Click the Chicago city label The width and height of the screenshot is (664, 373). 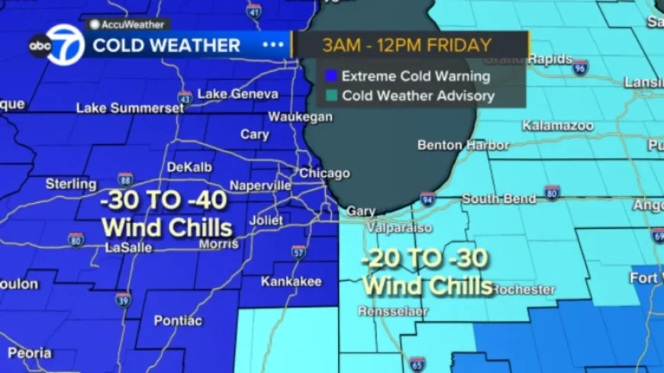coord(324,173)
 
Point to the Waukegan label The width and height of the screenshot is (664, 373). coord(300,117)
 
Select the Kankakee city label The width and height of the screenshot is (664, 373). coord(291,281)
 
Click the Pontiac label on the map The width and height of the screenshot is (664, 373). coord(178,320)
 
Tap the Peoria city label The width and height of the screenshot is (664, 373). coord(30,352)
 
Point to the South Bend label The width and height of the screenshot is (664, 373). coord(498,199)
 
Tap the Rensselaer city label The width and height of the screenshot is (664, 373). coord(394,311)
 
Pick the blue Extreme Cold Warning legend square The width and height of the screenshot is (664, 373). coord(330,76)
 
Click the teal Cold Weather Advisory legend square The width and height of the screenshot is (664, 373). coord(330,96)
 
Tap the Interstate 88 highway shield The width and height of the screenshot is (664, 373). coord(125,180)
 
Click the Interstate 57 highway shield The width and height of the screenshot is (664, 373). coord(298,252)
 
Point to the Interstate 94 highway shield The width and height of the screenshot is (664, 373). coord(427,200)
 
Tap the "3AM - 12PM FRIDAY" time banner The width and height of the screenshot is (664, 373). coord(406,44)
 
